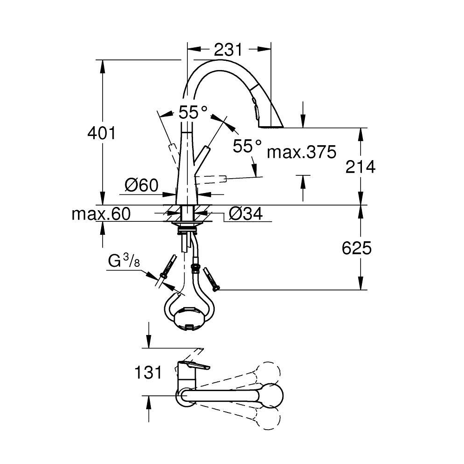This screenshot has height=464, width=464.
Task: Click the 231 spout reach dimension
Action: coord(228,50)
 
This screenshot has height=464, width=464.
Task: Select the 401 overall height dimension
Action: coord(102,133)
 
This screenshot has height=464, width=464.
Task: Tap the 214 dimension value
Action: coord(361,167)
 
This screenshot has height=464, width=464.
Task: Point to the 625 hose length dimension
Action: coord(356,248)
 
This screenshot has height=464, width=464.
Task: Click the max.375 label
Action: coord(302,152)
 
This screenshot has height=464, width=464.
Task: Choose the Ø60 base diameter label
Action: coord(142,186)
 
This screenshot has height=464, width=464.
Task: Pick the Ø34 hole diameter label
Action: coord(245,213)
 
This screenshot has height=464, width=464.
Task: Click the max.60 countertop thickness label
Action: coord(101,213)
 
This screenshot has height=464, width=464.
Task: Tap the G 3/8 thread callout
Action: coord(124,261)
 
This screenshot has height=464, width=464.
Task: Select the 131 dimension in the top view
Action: coord(148,372)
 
